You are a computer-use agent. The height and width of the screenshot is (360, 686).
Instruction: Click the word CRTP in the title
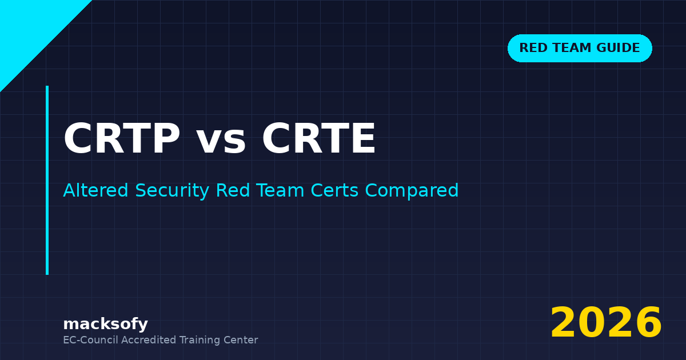click(x=122, y=140)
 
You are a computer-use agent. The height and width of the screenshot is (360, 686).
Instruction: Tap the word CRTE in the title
click(x=319, y=140)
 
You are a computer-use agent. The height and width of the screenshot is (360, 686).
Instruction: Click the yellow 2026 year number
click(x=606, y=323)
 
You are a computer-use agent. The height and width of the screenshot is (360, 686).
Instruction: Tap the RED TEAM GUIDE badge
click(x=580, y=48)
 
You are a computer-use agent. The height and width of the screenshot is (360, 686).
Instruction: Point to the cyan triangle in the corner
click(x=29, y=29)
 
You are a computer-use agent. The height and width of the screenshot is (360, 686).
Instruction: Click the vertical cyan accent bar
click(x=47, y=180)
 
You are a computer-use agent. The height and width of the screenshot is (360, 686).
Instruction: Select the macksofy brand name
click(x=105, y=325)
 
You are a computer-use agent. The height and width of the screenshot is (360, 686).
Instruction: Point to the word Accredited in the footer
click(x=149, y=340)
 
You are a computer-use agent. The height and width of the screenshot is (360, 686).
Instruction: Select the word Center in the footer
click(x=242, y=340)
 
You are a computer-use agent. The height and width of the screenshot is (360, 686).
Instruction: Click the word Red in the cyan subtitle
click(x=231, y=191)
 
